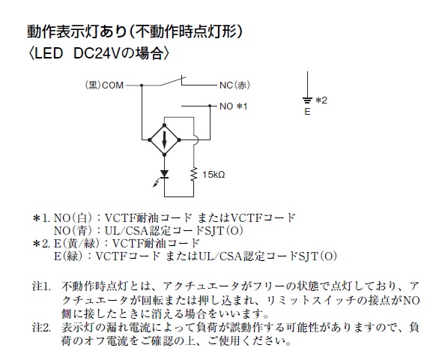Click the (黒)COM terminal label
click(x=104, y=85)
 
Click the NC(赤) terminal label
click(x=234, y=85)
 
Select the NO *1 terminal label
click(x=234, y=106)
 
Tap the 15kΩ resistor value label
click(x=214, y=175)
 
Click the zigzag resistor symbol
click(x=194, y=175)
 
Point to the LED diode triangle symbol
click(x=164, y=174)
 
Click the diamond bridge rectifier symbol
click(x=165, y=139)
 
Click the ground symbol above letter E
click(x=307, y=100)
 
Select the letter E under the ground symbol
click(x=307, y=112)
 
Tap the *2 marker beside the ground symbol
click(x=321, y=100)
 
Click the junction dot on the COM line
click(x=142, y=85)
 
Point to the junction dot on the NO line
click(x=210, y=106)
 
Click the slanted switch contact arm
click(x=173, y=81)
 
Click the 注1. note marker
click(x=42, y=286)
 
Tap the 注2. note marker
click(x=42, y=328)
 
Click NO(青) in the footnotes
click(x=73, y=231)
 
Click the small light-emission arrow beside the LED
click(x=156, y=183)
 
